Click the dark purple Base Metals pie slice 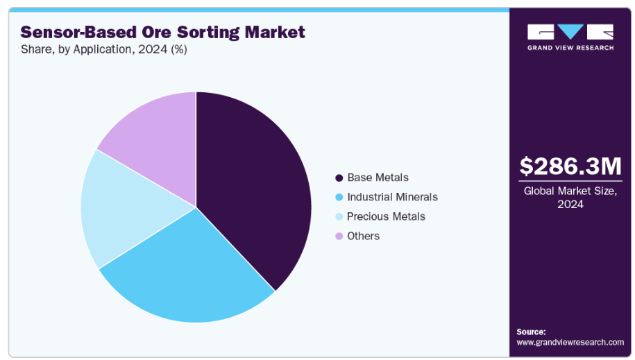253,187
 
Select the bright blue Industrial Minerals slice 187,271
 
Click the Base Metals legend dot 339,178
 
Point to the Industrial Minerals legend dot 339,197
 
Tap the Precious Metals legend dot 339,216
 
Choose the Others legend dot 339,236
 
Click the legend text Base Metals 378,178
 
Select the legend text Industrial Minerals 392,197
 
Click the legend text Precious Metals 386,216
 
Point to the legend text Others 363,236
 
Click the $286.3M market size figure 570,166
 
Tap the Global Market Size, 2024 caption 570,197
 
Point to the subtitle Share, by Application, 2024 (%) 104,50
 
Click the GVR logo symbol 570,32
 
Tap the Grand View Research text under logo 570,48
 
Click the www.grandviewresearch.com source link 570,342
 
